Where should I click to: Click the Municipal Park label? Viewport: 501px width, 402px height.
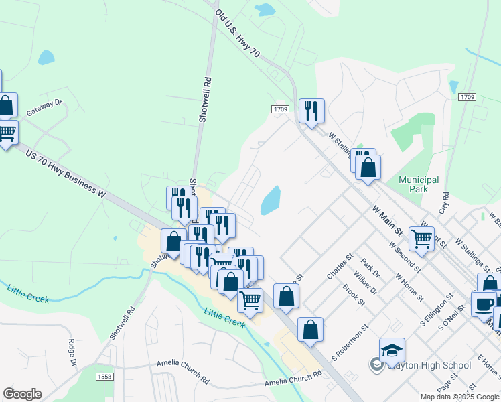tap(419, 184)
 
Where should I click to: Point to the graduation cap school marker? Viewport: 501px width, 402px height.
tap(392, 350)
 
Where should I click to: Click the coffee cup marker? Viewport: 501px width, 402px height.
tap(483, 303)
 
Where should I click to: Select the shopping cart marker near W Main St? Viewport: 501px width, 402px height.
tap(421, 238)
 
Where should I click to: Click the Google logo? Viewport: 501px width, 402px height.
tap(22, 394)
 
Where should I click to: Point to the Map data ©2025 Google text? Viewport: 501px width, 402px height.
tap(459, 397)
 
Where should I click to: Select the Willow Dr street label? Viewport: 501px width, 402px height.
tap(369, 282)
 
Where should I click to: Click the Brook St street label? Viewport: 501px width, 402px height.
tap(353, 295)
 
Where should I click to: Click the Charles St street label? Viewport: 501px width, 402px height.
tap(340, 266)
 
